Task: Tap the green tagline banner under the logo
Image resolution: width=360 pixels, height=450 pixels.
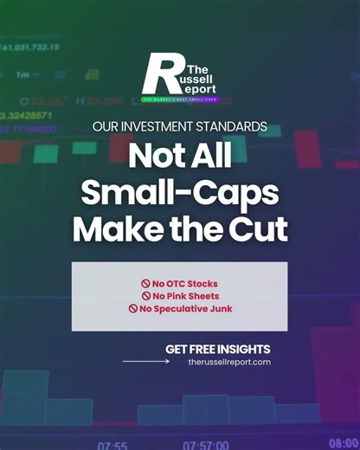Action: tap(179, 100)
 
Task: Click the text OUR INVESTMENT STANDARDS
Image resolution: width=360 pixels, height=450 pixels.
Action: tap(179, 126)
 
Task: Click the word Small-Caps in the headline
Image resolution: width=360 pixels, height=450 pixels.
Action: tap(179, 193)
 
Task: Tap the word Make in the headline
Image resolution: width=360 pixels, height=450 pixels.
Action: tap(110, 229)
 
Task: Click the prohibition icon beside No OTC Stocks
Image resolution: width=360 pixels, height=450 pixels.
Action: tap(146, 283)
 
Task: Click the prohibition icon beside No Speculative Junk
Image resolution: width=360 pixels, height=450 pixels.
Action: tap(133, 308)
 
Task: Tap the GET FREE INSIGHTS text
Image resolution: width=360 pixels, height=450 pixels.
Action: tap(218, 349)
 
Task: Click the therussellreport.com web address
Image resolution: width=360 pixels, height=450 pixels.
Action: tap(228, 362)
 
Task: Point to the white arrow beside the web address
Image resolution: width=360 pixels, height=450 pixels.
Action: tap(146, 362)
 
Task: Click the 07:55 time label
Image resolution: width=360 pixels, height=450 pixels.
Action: tap(112, 446)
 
